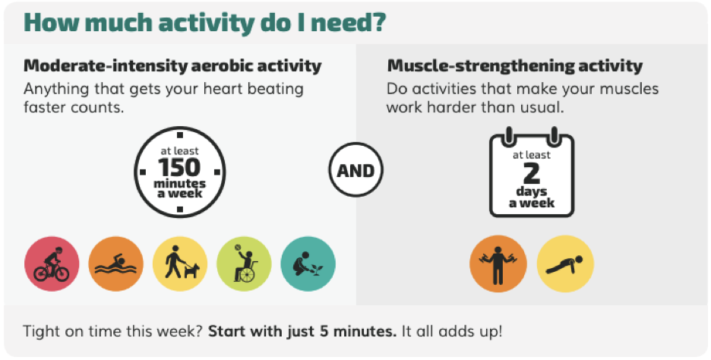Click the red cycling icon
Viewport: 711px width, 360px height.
point(52,264)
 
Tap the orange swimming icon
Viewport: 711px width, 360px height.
point(115,264)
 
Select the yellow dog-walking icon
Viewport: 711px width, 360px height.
point(180,264)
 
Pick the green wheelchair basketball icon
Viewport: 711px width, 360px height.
point(244,264)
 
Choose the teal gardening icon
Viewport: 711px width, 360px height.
point(308,264)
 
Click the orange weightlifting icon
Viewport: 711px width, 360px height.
point(498,264)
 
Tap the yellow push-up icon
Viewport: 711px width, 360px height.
point(565,264)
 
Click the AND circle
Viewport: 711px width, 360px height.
point(356,170)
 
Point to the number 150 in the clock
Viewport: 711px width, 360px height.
point(179,167)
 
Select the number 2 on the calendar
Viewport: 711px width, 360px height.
point(532,173)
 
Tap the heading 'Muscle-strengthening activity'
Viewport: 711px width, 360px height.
point(515,66)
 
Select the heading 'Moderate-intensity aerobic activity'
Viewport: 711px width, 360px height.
point(172,66)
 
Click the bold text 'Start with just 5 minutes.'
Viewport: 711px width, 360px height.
point(302,331)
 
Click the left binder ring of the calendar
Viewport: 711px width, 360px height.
point(509,135)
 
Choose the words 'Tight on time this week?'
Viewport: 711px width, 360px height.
point(112,331)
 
